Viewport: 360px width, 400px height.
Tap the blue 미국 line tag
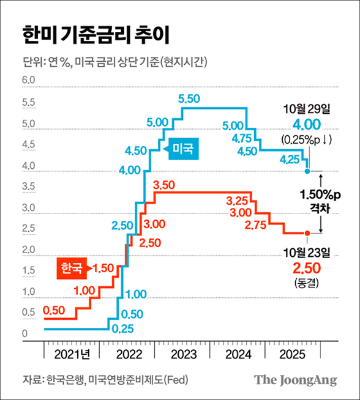point(181,148)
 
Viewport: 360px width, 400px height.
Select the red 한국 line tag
point(73,267)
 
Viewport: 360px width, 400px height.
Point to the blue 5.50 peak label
point(189,98)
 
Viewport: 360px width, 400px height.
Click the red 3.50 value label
point(165,184)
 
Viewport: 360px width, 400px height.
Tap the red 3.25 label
point(238,200)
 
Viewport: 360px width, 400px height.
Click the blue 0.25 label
point(123,328)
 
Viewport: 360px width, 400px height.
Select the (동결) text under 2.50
point(307,283)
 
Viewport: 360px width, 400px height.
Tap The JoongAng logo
point(296,380)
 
